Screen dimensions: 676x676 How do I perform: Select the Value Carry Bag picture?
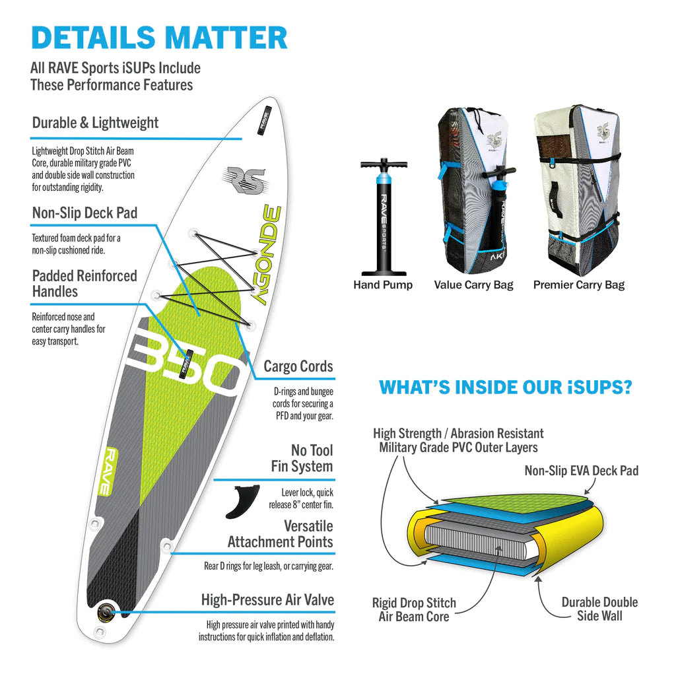pyautogui.click(x=473, y=191)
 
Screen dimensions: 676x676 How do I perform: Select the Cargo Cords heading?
pyautogui.click(x=298, y=366)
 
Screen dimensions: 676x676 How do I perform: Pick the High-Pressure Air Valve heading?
pyautogui.click(x=267, y=600)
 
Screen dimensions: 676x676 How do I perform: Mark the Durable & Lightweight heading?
pyautogui.click(x=95, y=123)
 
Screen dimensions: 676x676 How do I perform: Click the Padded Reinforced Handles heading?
pyautogui.click(x=84, y=284)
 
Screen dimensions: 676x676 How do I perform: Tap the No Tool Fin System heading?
pyautogui.click(x=302, y=458)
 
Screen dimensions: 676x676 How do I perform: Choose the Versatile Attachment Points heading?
pyautogui.click(x=281, y=534)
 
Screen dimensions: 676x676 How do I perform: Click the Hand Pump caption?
pyautogui.click(x=383, y=285)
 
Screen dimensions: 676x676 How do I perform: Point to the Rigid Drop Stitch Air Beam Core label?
pyautogui.click(x=414, y=610)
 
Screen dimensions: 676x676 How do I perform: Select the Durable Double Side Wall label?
pyautogui.click(x=599, y=609)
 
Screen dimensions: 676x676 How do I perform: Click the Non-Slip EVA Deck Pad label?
pyautogui.click(x=582, y=471)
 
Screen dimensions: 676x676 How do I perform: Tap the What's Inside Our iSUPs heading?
pyautogui.click(x=505, y=388)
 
